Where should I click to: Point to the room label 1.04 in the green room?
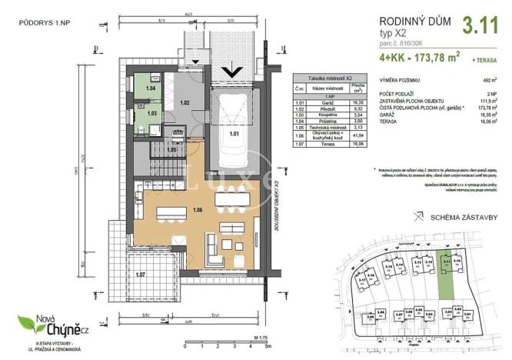[x=151, y=89]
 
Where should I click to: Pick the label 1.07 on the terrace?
[x=141, y=273]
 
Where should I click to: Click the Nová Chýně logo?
[x=47, y=327]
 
